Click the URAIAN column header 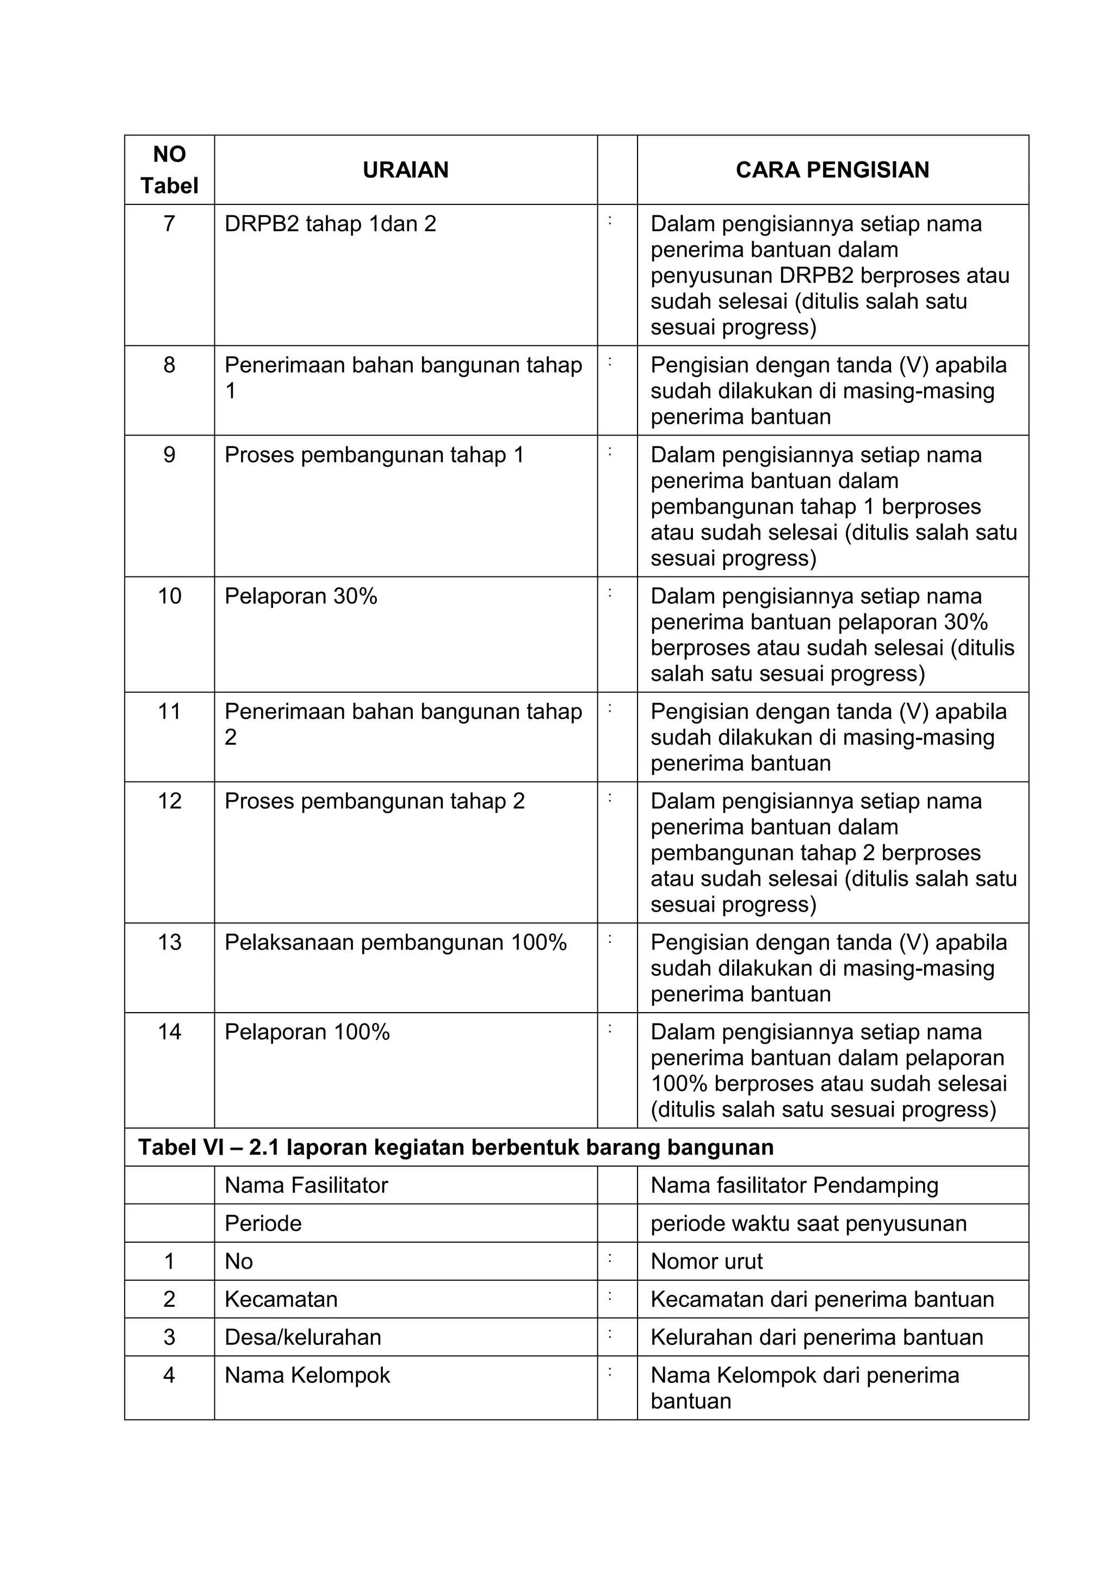click(x=405, y=170)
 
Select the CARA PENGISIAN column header click(x=832, y=170)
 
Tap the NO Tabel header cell click(x=169, y=170)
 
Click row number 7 click(x=169, y=224)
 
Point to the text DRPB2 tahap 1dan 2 click(x=330, y=224)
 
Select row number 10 click(x=169, y=596)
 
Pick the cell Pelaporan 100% click(x=307, y=1032)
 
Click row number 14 click(x=169, y=1032)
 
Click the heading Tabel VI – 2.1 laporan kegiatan click(x=455, y=1148)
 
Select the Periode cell click(x=263, y=1223)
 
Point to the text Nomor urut click(x=706, y=1261)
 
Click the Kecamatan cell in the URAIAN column click(x=281, y=1299)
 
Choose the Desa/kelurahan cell click(x=302, y=1337)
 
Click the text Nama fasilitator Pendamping click(x=794, y=1186)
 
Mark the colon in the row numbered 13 click(x=609, y=940)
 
